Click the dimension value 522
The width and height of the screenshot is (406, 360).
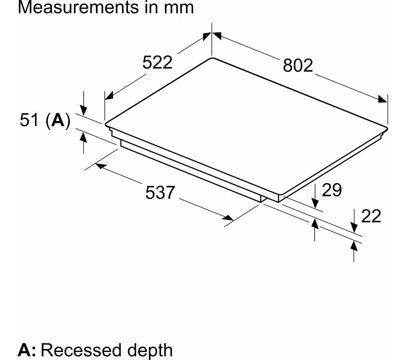pos(158,63)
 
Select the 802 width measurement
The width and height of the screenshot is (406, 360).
pos(298,65)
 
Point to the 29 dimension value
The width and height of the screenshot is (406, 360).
pos(332,190)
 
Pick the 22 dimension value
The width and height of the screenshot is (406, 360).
pos(371,217)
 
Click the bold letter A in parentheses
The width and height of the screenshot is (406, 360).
pos(57,121)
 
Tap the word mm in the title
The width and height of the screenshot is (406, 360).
pos(180,8)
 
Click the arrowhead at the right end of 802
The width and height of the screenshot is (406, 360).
pos(383,99)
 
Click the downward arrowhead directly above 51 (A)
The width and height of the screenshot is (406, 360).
pos(83,110)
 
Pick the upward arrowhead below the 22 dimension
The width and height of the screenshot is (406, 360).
pos(354,245)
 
